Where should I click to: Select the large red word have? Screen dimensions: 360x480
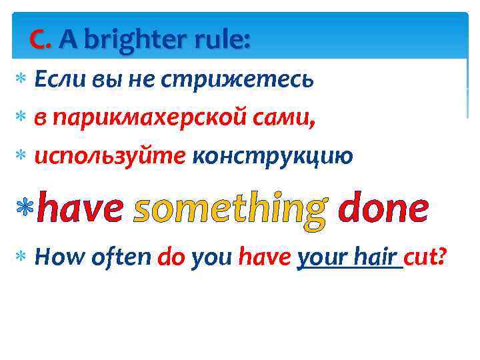pyautogui.click(x=80, y=209)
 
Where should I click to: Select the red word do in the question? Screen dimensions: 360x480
pyautogui.click(x=172, y=256)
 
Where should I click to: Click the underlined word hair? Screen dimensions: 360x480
pyautogui.click(x=377, y=256)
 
